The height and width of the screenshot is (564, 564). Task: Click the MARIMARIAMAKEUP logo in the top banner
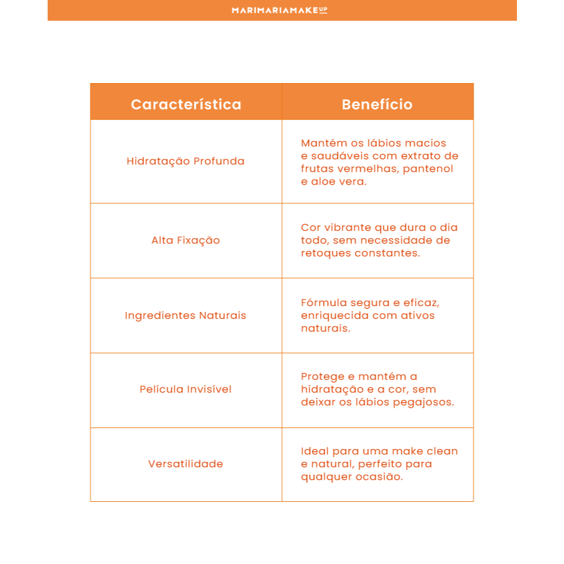(279, 10)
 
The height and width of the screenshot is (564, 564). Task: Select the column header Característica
(186, 105)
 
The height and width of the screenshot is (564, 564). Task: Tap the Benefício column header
(377, 105)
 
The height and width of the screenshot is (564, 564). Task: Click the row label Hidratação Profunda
(185, 161)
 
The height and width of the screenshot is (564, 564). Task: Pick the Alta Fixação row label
(185, 240)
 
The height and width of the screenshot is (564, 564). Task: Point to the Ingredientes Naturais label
(185, 315)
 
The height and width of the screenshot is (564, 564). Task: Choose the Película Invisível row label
(185, 389)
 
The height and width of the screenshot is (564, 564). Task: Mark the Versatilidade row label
(185, 464)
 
